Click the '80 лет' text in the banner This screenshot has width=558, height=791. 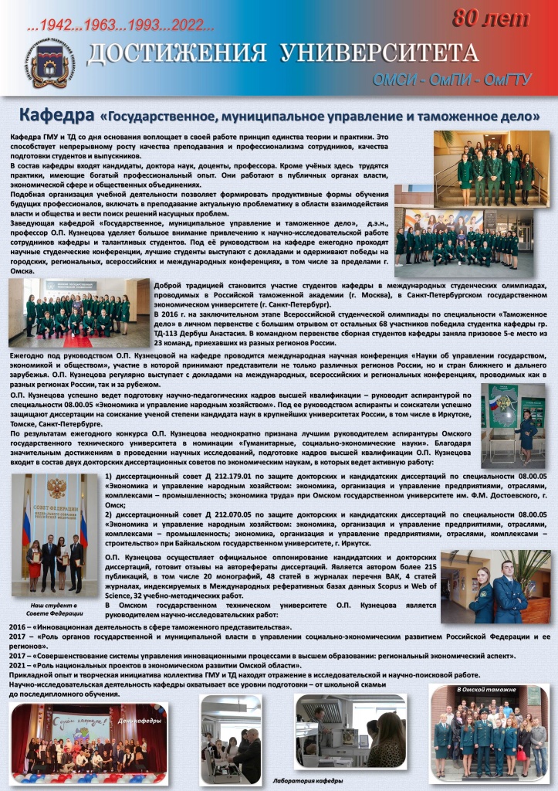pos(490,18)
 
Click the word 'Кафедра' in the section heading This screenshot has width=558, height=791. pos(56,116)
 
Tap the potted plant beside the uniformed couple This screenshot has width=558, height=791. pos(531,567)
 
